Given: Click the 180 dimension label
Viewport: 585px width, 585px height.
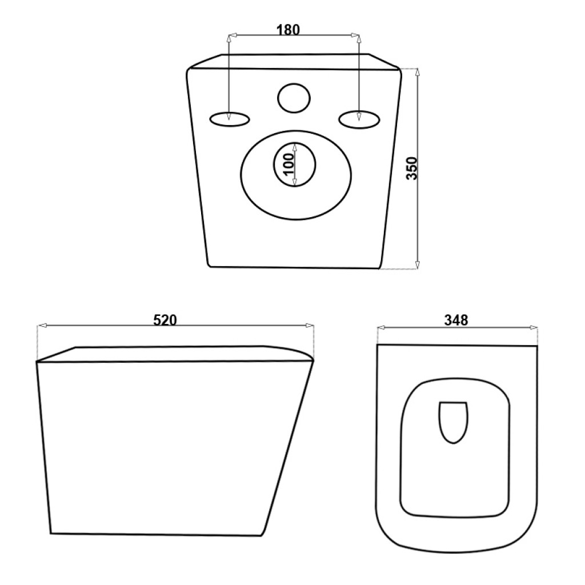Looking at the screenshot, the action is pyautogui.click(x=288, y=30).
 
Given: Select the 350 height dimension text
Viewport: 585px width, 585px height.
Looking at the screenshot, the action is pyautogui.click(x=412, y=169).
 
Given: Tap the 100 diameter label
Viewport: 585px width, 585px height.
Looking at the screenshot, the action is pyautogui.click(x=289, y=164).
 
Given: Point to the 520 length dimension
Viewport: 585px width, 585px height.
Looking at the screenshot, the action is pyautogui.click(x=165, y=320).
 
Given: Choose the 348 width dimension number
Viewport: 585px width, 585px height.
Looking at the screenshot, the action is pyautogui.click(x=456, y=320).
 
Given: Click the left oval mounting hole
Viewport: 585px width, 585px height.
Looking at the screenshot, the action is pyautogui.click(x=230, y=119).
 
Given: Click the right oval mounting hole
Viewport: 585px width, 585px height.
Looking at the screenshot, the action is pyautogui.click(x=359, y=119).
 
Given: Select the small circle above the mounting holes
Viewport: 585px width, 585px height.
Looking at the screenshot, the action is pyautogui.click(x=294, y=98).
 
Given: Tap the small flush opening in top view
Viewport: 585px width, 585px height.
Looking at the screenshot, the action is pyautogui.click(x=453, y=422).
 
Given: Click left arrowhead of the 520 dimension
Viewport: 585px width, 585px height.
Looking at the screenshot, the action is pyautogui.click(x=41, y=326).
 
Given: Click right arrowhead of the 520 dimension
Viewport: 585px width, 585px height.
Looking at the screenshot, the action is pyautogui.click(x=310, y=326).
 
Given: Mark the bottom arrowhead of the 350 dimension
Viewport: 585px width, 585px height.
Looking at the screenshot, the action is pyautogui.click(x=417, y=264).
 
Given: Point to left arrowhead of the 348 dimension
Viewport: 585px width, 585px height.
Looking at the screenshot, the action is pyautogui.click(x=382, y=327).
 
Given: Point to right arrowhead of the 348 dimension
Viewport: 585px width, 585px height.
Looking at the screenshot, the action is pyautogui.click(x=534, y=327).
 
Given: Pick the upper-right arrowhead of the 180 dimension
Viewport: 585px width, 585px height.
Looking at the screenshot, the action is pyautogui.click(x=355, y=35).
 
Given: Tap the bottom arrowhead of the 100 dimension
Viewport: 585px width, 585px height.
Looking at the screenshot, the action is pyautogui.click(x=294, y=182).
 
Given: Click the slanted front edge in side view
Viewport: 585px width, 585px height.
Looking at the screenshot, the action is pyautogui.click(x=287, y=448).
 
